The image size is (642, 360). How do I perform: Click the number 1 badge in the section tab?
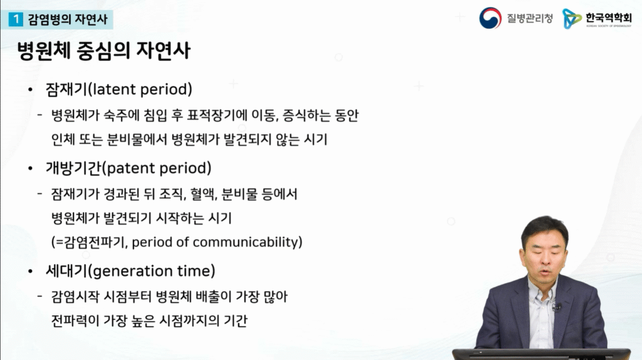click(16, 19)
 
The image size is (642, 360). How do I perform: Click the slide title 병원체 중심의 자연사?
click(104, 51)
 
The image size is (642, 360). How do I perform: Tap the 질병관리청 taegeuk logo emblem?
click(490, 18)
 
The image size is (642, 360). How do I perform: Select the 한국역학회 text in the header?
click(608, 18)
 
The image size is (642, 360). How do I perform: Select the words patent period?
click(159, 168)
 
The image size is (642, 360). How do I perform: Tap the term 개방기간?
click(73, 168)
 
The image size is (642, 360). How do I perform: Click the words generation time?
click(154, 271)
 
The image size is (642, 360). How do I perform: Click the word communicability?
click(245, 242)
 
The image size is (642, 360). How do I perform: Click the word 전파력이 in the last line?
click(75, 320)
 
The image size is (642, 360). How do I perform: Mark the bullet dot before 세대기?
click(30, 271)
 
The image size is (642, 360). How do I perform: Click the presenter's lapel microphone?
click(556, 307)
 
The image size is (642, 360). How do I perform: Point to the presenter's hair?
click(544, 229)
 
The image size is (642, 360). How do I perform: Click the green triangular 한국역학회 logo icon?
click(571, 18)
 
